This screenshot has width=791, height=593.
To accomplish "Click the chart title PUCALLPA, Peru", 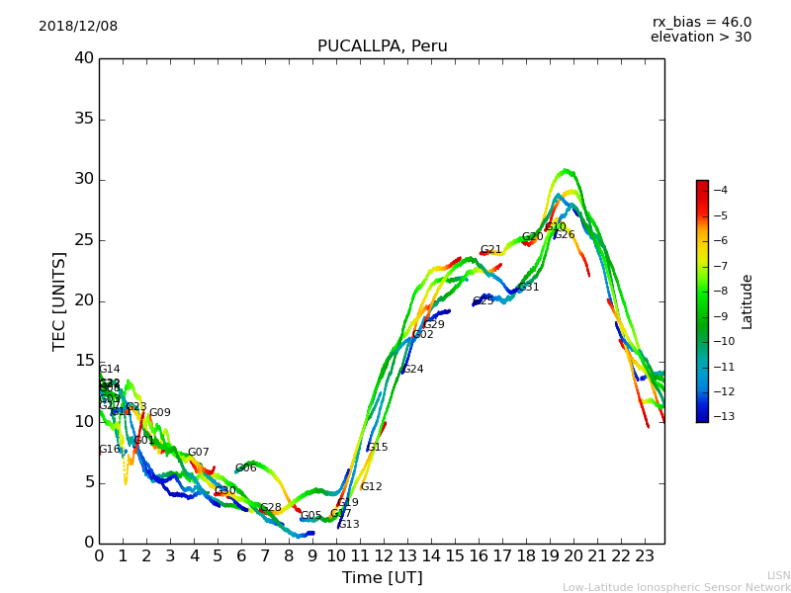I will (x=382, y=46).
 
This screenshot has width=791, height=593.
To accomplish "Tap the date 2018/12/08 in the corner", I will (x=78, y=26).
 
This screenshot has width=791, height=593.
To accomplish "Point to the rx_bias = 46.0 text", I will (x=701, y=22).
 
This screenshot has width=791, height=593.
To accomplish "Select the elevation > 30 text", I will (x=700, y=38).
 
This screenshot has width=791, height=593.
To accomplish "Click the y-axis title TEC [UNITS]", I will (x=59, y=300).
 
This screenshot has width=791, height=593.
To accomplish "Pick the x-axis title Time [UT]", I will (x=382, y=577).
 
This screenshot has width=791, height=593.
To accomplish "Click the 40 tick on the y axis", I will (x=84, y=58).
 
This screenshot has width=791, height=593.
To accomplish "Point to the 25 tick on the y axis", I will (x=84, y=240).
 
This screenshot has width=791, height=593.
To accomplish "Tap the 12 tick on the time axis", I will (x=384, y=555).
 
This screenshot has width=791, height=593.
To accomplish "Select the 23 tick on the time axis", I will (x=645, y=555).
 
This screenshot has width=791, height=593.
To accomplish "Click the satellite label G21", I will (x=491, y=250).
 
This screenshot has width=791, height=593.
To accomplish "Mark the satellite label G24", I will (x=412, y=370).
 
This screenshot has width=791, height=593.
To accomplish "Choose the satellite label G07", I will (x=199, y=453).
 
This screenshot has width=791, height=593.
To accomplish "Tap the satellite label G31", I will (x=529, y=288).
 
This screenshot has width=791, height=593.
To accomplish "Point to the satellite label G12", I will (x=371, y=487).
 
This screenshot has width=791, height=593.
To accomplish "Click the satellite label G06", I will (x=246, y=468).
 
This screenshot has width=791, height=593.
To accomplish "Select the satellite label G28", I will (x=271, y=508).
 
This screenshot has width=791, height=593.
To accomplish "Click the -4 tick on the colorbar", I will (x=721, y=190).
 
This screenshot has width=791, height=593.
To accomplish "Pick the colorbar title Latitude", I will (x=747, y=301).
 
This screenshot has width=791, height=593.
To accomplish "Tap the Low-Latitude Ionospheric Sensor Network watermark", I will (x=676, y=587).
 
